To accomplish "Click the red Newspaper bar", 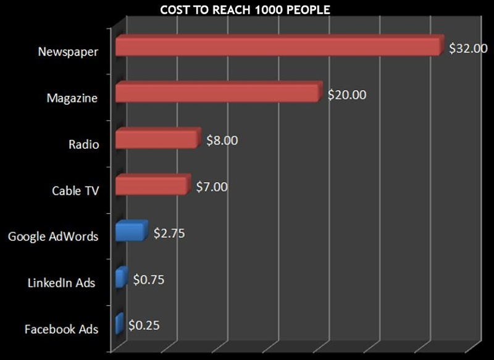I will pos(278,46).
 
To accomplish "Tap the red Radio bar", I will pos(157,139).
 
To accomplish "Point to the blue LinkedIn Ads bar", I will pos(120,277).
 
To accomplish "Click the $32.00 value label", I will pos(468,48).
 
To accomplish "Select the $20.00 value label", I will pos(347,95).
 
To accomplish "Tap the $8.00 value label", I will pos(222,140).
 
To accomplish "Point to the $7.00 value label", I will pos(212,186).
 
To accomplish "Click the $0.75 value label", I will pos(149,279).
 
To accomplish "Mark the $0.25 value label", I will pos(144,325).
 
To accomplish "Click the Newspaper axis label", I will pos(67,52).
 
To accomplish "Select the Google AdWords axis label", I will pos(53,237).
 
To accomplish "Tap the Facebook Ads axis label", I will pos(61,329).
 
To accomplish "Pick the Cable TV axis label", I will pos(75,191).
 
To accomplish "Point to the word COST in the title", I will pos(174,10).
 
